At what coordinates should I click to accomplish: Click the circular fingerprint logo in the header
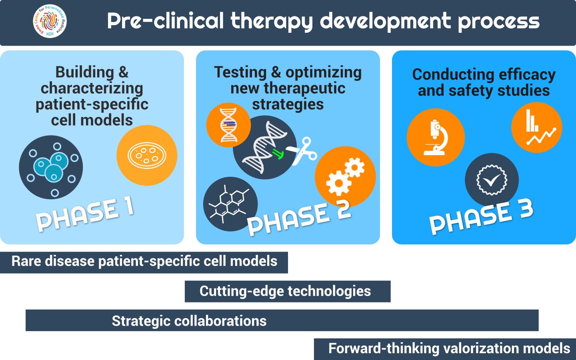(x=50, y=21)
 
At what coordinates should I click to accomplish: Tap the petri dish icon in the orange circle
(x=147, y=155)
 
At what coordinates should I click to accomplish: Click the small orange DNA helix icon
(x=228, y=125)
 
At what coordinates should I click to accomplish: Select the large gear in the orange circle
(x=339, y=183)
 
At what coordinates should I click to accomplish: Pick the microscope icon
(x=436, y=137)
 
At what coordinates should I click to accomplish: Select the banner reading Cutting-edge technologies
(x=288, y=291)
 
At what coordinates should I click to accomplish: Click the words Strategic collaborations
(x=189, y=321)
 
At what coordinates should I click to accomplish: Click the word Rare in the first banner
(x=26, y=261)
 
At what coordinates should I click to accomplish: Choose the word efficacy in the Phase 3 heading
(x=527, y=75)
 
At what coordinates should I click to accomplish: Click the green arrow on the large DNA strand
(x=278, y=154)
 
